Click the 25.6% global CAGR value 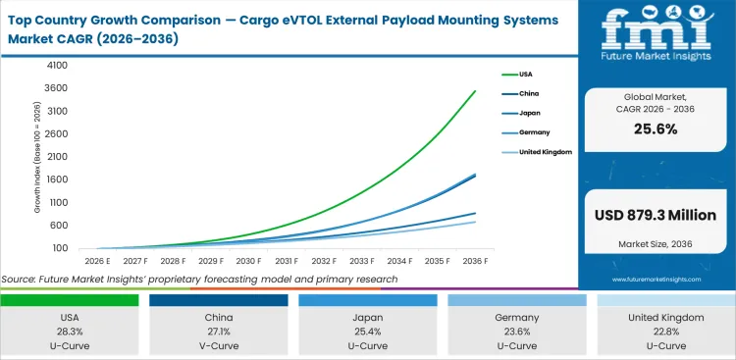coord(657,129)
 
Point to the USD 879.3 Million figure coord(657,215)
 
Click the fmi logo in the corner coord(657,38)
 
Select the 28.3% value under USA coord(70,331)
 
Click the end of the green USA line coord(476,91)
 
